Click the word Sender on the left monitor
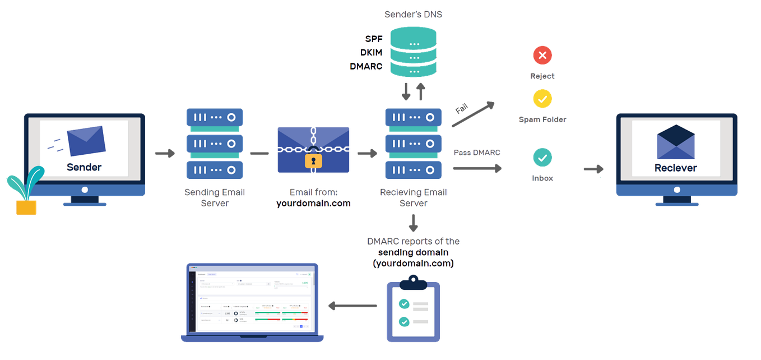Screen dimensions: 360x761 click(84, 167)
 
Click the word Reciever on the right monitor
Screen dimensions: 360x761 click(675, 168)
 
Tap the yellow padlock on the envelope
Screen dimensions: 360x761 click(314, 161)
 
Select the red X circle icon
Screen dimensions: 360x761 click(542, 55)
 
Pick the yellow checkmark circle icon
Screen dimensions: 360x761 click(542, 99)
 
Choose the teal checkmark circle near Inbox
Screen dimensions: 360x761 click(542, 158)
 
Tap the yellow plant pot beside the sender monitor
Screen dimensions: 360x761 click(26, 207)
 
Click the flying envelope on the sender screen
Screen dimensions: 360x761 click(85, 140)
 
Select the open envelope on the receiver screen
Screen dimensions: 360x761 click(675, 142)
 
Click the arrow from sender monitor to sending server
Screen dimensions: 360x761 click(164, 153)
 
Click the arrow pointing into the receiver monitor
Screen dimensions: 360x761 click(593, 169)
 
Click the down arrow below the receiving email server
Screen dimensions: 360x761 click(413, 223)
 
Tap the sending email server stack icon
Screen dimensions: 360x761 click(214, 144)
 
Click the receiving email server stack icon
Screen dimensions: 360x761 click(413, 144)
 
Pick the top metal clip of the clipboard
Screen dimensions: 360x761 click(413, 285)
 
